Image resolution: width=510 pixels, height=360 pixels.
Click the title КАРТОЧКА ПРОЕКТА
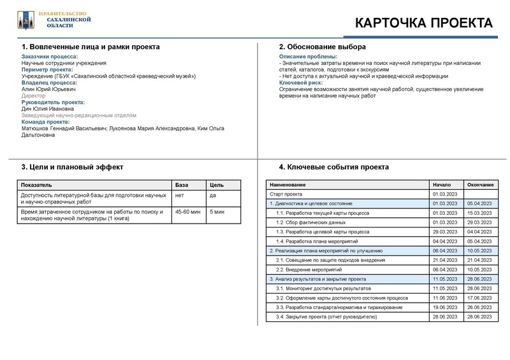coord(423,24)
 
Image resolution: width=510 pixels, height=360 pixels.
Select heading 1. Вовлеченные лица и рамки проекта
coord(91,47)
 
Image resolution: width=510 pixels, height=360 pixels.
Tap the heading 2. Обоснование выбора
coord(323,47)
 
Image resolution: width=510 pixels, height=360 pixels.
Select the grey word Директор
coord(34,96)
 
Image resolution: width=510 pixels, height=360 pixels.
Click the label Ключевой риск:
coord(301,83)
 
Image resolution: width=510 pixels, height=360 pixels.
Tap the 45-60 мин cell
coord(189,212)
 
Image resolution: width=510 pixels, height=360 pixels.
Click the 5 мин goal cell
coord(217,212)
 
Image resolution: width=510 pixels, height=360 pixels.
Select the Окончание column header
coord(480,184)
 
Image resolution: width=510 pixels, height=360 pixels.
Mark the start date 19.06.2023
coord(445,307)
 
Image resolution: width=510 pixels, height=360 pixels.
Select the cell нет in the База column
coord(180,194)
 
